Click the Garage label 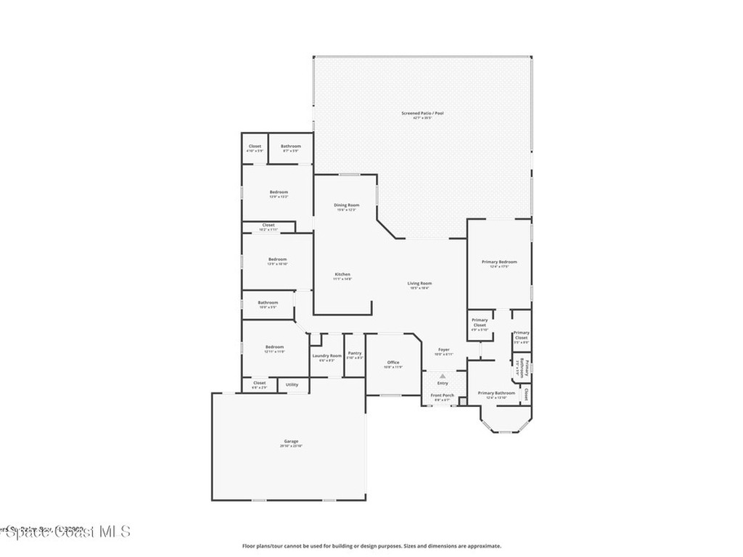pos(290,442)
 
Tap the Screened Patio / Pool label pos(422,113)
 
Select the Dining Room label pos(347,205)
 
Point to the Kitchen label pos(342,275)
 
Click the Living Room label pos(419,284)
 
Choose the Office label pos(393,363)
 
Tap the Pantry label pos(354,353)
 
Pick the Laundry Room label pos(327,356)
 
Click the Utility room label pos(292,384)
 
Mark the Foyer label pos(443,350)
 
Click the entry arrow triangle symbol pos(442,376)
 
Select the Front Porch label pos(442,396)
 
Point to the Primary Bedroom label pos(499,262)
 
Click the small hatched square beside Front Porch pos(463,401)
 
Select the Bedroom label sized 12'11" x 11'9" pos(274,347)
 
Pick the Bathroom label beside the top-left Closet pos(291,147)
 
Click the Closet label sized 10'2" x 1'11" pos(268,226)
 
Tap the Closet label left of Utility pos(259,383)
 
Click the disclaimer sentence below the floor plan pos(371,546)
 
